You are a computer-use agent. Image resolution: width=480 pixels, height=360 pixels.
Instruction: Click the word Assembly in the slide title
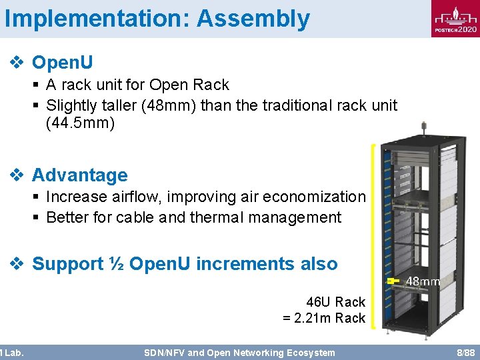click(253, 19)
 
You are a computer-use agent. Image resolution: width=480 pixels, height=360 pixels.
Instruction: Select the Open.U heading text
click(63, 63)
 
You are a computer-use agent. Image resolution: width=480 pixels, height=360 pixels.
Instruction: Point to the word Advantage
click(79, 175)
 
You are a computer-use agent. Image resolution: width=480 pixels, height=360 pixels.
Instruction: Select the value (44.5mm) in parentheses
click(81, 123)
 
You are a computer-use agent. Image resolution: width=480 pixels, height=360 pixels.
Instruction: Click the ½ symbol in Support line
click(116, 264)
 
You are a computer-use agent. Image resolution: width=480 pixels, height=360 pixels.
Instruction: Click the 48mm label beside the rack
click(423, 281)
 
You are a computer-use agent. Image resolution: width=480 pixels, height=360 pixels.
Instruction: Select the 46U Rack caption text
click(335, 302)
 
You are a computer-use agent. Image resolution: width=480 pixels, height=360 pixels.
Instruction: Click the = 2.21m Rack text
click(324, 318)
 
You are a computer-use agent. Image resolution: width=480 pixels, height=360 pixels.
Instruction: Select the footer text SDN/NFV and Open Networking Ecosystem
click(239, 353)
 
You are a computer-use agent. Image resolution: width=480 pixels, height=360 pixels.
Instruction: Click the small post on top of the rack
click(423, 127)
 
